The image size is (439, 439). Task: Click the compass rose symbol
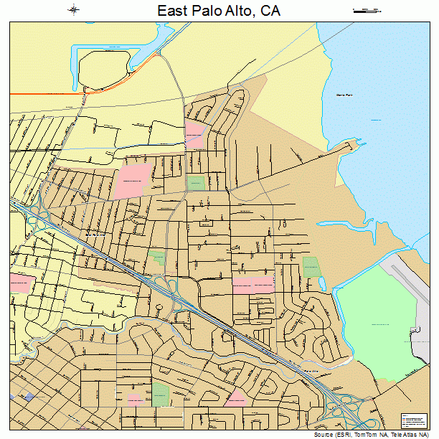coord(73,10)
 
